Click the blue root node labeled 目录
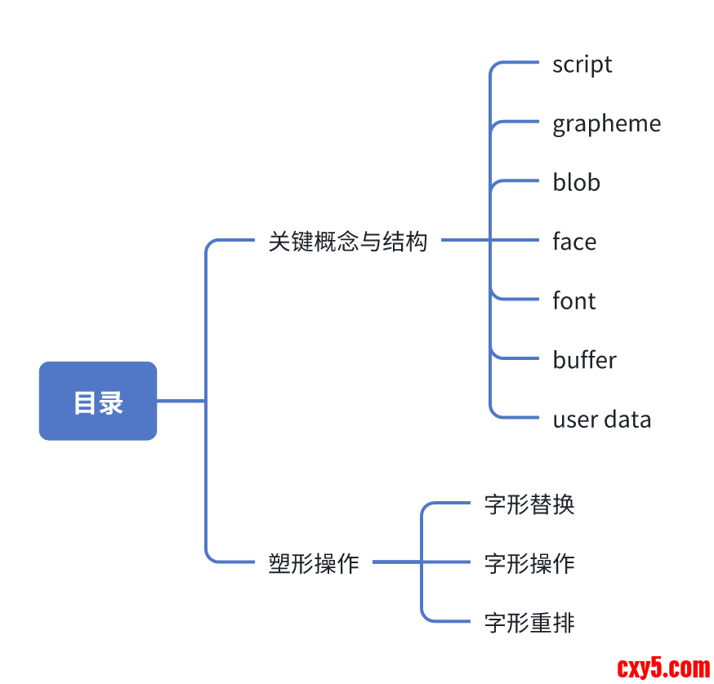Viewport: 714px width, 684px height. tap(98, 401)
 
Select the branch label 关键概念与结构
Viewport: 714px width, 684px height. tap(348, 242)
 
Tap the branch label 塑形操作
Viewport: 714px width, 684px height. tap(314, 563)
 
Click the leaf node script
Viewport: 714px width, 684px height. tap(582, 64)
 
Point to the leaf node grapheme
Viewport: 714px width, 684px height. tap(606, 124)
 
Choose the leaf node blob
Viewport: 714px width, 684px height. tap(576, 183)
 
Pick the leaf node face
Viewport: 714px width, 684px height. tap(573, 242)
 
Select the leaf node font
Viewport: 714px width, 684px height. tap(573, 301)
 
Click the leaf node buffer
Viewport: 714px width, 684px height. tap(584, 360)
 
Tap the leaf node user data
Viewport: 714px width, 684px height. tap(601, 420)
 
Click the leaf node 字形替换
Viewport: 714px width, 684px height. tap(529, 504)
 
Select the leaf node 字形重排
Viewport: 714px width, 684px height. tap(529, 624)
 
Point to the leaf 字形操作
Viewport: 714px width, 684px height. tap(529, 563)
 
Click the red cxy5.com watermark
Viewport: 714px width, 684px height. tap(663, 668)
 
